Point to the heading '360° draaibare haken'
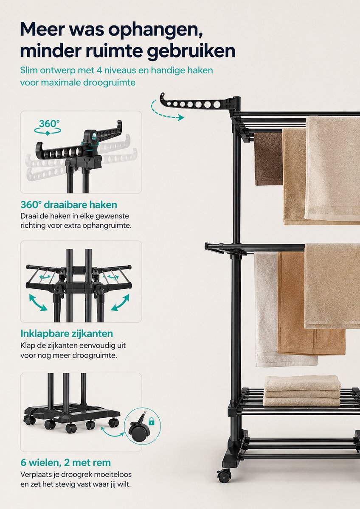pyautogui.click(x=69, y=205)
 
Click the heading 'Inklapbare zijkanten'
pyautogui.click(x=67, y=333)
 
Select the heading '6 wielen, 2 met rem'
pyautogui.click(x=66, y=462)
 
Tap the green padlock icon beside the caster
pyautogui.click(x=152, y=422)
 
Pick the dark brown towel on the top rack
pyautogui.click(x=268, y=159)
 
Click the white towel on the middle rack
pyautogui.click(x=273, y=309)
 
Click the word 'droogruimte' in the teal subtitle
pyautogui.click(x=109, y=82)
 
